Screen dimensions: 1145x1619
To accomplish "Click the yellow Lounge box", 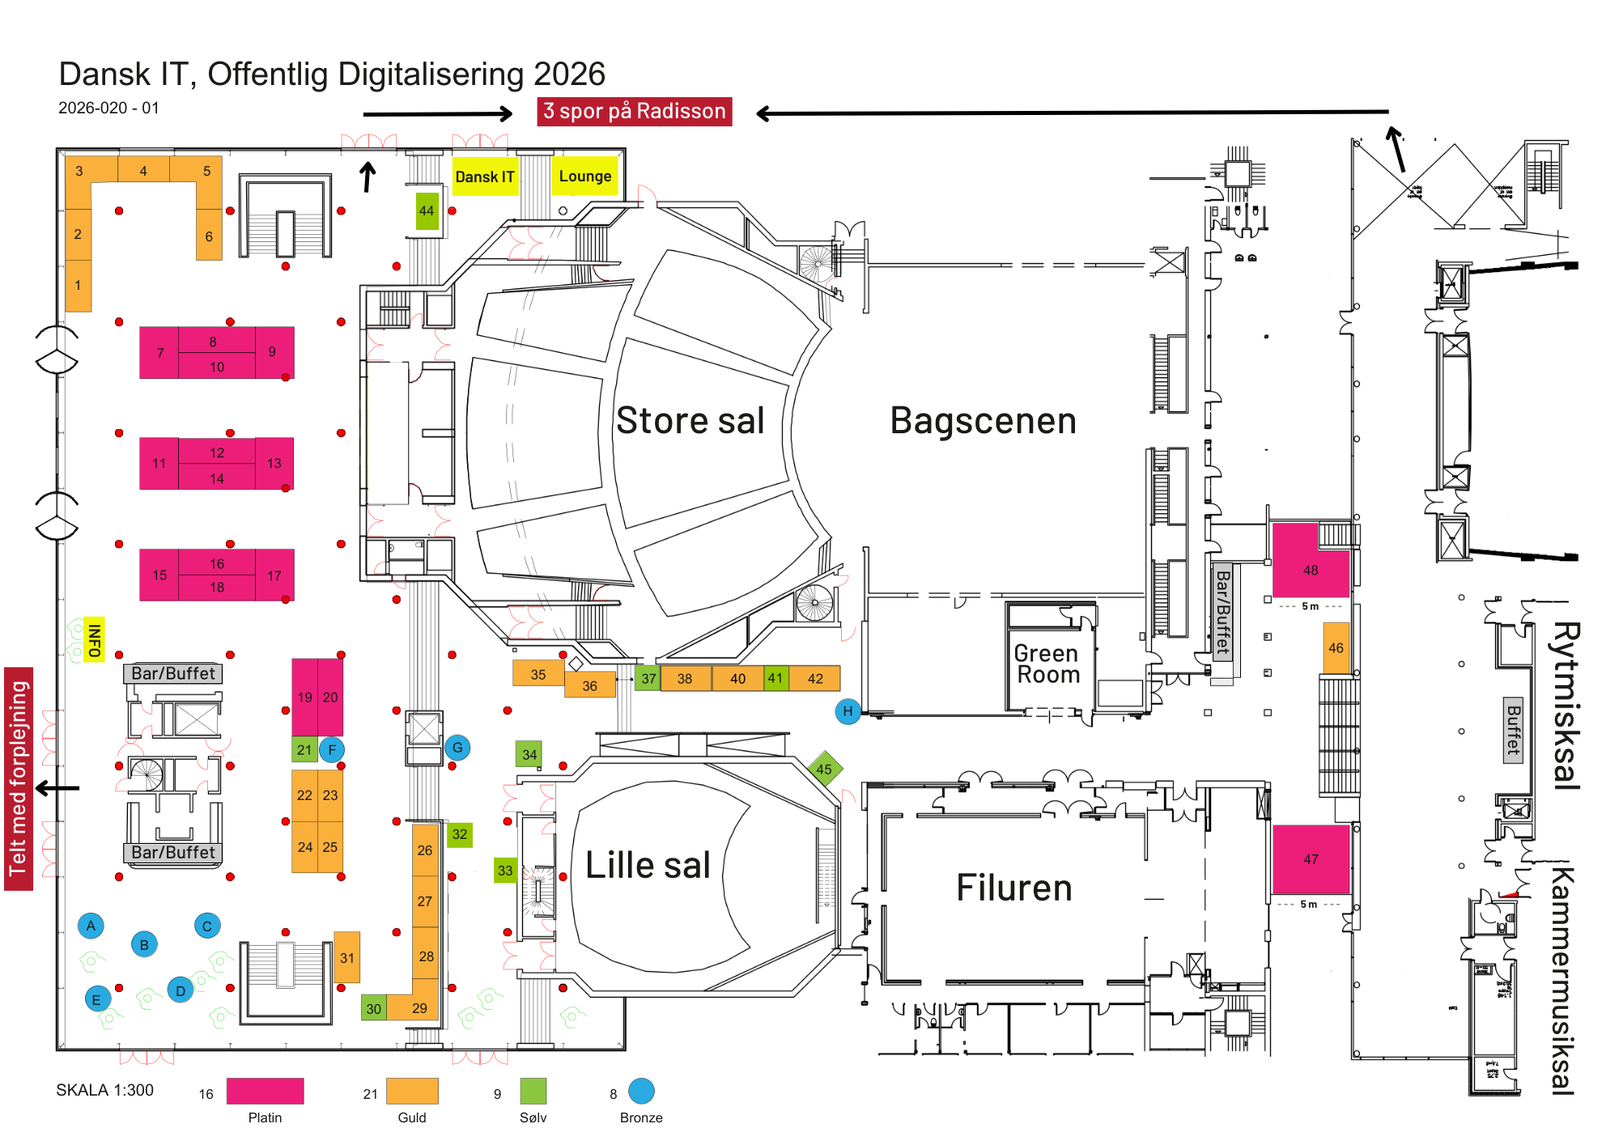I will (584, 177).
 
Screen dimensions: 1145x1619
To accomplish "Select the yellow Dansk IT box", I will (484, 177).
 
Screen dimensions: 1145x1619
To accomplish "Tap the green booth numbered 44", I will (427, 211).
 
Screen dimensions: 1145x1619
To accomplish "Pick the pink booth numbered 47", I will (1311, 858).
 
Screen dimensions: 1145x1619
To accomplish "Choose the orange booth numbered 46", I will (1336, 648).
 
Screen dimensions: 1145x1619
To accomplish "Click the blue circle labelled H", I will (848, 712).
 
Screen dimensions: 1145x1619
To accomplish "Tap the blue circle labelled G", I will (457, 747).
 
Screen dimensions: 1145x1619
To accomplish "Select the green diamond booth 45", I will (824, 769).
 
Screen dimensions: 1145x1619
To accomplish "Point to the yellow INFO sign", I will (95, 640).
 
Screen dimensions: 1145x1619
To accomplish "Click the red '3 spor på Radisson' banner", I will (634, 111).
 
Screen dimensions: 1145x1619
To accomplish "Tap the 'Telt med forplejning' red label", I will (19, 778).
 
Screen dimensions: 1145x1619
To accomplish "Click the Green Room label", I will (1047, 664).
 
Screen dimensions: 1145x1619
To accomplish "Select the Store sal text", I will (690, 421).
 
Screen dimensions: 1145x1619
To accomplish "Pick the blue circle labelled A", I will (91, 926).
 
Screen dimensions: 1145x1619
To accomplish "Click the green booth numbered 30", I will (373, 1008).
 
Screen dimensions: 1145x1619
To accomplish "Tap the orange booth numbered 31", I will (347, 957).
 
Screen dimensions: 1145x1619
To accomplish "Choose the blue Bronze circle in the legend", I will (641, 1091).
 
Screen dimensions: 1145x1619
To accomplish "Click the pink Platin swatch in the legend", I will (265, 1091).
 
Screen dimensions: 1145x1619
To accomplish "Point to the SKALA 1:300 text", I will (104, 1090).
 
